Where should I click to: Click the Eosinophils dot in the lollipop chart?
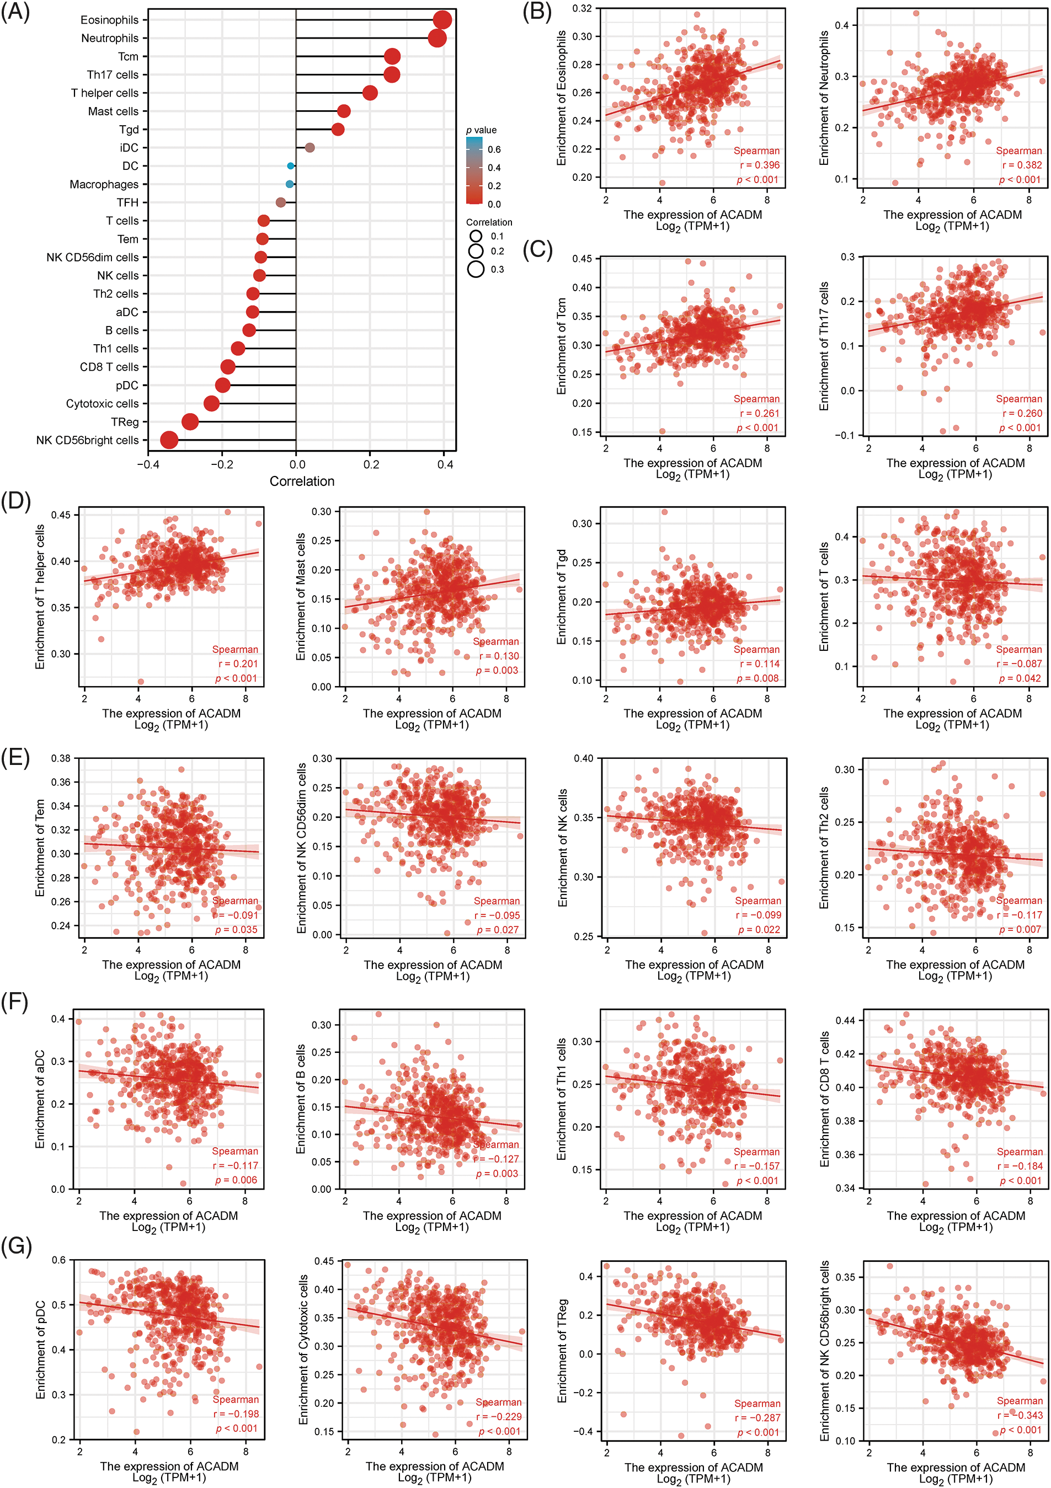click(442, 20)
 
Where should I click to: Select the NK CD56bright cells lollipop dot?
click(169, 440)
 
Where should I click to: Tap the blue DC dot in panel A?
click(290, 166)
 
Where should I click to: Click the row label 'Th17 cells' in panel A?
click(113, 74)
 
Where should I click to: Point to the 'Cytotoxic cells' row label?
click(103, 403)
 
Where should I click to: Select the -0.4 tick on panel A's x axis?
click(148, 464)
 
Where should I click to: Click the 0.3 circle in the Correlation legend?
click(476, 269)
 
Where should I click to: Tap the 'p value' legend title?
click(481, 130)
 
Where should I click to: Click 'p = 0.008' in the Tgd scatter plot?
click(758, 678)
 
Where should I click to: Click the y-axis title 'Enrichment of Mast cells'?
click(300, 597)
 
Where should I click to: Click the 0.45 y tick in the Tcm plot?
click(581, 259)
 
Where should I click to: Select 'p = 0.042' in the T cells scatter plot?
click(1020, 678)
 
